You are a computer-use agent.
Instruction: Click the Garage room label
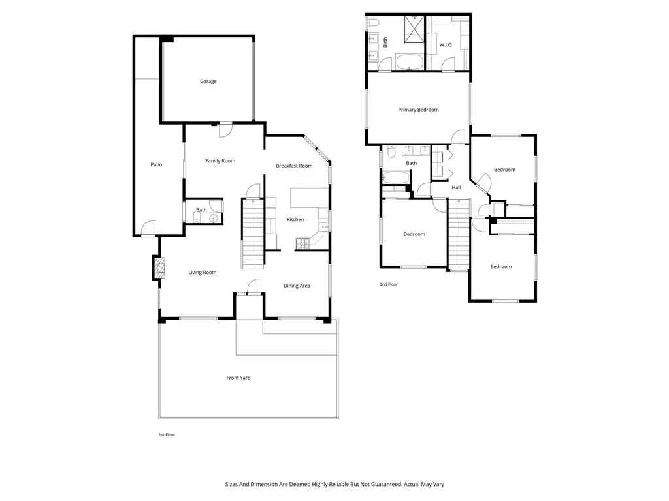[x=208, y=82]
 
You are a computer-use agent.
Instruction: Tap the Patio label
[x=156, y=165]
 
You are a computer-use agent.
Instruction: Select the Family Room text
[x=220, y=161]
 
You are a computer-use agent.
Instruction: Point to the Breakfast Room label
[x=294, y=166]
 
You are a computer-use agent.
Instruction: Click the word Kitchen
[x=295, y=220]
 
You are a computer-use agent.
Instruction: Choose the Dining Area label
[x=297, y=286]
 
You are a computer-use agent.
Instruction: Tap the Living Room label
[x=203, y=273]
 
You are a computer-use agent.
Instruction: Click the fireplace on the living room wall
[x=157, y=267]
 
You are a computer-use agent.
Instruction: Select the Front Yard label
[x=238, y=378]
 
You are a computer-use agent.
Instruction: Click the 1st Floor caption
[x=167, y=434]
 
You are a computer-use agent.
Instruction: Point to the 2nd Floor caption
[x=389, y=284]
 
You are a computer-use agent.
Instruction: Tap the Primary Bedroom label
[x=418, y=110]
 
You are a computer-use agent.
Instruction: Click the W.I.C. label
[x=446, y=45]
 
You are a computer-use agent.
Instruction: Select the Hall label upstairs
[x=456, y=188]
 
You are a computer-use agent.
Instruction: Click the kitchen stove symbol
[x=304, y=245]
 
